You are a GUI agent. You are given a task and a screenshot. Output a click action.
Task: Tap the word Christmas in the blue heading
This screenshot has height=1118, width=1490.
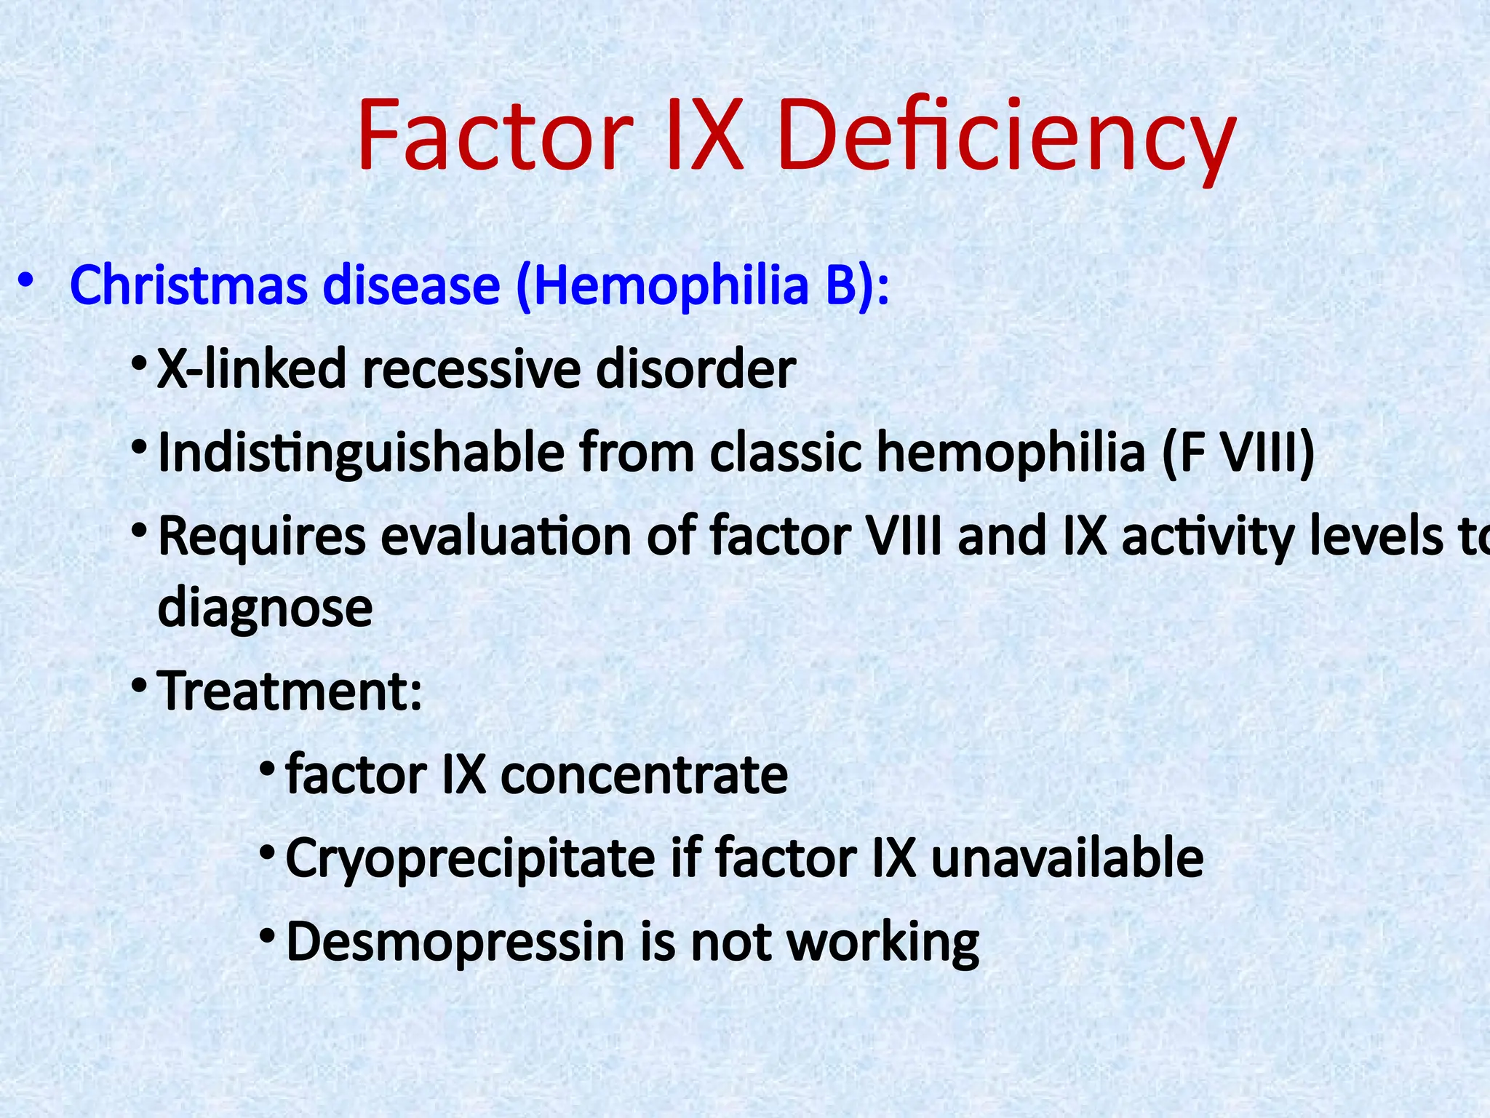click(x=189, y=285)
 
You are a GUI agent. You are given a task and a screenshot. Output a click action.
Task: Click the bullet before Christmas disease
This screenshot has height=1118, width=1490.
click(x=26, y=281)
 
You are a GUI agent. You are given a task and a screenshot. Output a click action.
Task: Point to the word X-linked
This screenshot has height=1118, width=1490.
click(x=251, y=369)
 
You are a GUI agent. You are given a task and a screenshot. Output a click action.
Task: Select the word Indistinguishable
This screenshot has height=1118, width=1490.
click(x=361, y=453)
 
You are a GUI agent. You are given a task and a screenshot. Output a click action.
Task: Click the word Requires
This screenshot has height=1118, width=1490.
click(x=262, y=536)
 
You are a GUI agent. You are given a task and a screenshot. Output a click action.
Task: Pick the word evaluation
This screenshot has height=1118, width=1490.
click(x=506, y=536)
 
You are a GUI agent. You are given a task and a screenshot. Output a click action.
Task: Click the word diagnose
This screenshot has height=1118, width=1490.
click(x=265, y=608)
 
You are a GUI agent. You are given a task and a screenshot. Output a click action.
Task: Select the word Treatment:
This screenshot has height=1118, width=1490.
click(x=290, y=691)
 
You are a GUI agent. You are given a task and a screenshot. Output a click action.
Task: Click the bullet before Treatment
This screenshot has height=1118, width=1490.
click(x=140, y=686)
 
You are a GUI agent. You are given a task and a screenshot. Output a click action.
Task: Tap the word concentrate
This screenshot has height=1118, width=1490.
click(x=644, y=774)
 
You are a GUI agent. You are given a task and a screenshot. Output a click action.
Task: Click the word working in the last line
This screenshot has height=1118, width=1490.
click(x=883, y=943)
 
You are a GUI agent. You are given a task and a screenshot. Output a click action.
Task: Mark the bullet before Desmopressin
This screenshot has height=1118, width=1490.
click(x=268, y=935)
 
